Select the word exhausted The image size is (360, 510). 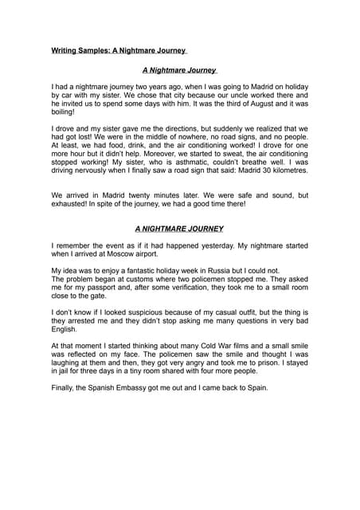coord(72,203)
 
